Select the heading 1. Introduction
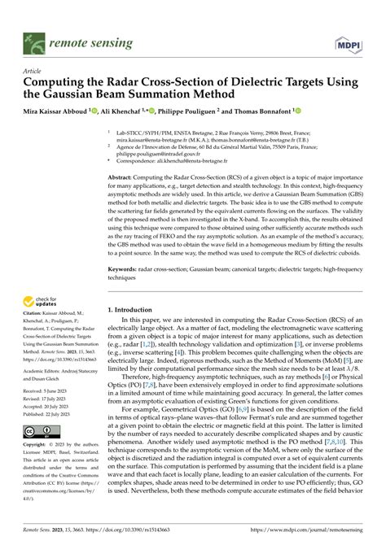(136, 310)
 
